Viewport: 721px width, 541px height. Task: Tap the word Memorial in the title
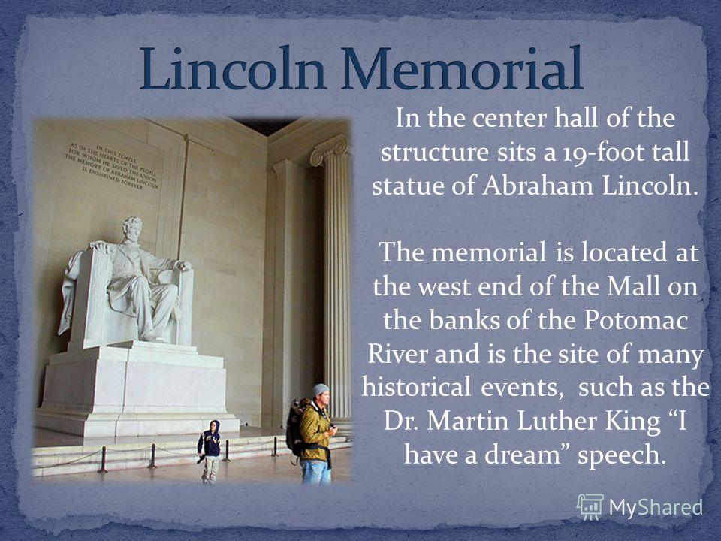462,68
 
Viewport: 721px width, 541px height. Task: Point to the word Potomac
636,320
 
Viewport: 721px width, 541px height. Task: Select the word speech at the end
622,455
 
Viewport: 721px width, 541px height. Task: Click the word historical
416,387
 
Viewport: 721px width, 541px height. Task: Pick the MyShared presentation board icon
590,507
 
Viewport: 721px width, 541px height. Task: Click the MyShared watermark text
656,507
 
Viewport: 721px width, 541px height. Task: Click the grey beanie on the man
321,389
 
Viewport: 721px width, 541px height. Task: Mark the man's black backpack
294,427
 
